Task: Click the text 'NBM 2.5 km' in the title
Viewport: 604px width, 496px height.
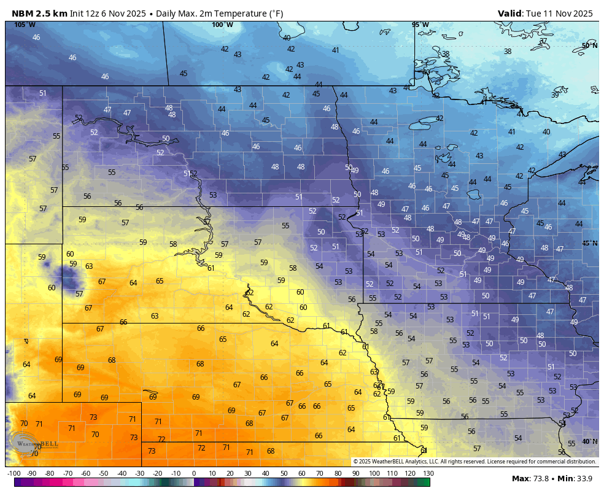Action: tap(39, 13)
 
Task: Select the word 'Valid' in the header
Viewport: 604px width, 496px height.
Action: tap(509, 13)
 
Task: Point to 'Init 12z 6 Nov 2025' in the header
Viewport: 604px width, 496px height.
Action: tap(104, 13)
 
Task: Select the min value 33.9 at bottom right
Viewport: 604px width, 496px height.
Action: tap(587, 479)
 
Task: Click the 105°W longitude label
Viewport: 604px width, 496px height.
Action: tap(25, 25)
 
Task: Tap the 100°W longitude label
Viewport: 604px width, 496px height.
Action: tap(222, 25)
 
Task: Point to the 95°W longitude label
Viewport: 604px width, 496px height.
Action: tap(420, 25)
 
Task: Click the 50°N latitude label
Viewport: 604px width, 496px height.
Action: tap(589, 45)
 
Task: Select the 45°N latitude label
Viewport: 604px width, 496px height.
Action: tap(589, 244)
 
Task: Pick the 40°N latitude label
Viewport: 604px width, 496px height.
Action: tap(589, 441)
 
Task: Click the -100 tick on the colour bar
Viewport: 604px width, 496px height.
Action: tap(14, 473)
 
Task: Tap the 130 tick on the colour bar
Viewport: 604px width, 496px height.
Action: tap(428, 473)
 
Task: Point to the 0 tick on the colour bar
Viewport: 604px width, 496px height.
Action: tap(194, 473)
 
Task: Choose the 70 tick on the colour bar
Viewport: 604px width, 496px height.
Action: tap(320, 473)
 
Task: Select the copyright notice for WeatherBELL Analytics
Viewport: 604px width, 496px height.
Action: tap(474, 462)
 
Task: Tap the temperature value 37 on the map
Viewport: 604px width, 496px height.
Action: tap(543, 42)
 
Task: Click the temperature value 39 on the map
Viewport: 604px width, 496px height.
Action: tap(555, 95)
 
